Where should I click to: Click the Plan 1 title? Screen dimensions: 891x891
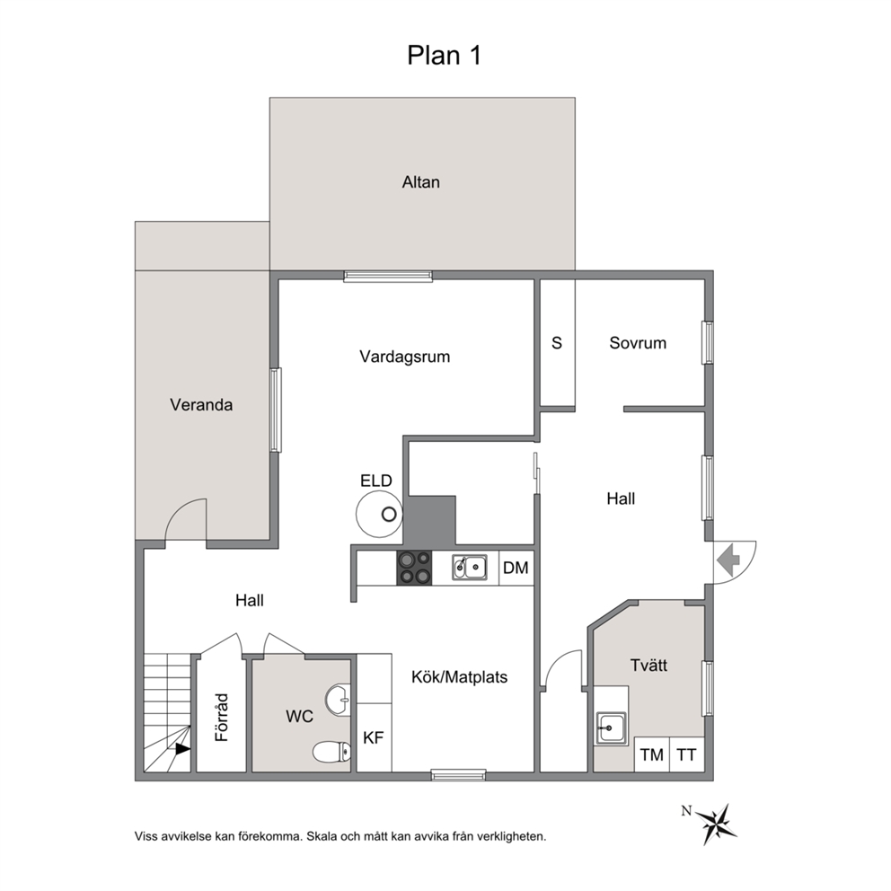click(x=445, y=56)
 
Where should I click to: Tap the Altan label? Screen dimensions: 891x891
click(x=421, y=182)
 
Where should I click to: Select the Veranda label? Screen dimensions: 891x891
click(x=201, y=405)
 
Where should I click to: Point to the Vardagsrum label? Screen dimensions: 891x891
click(x=404, y=357)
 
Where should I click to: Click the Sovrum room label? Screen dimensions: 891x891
click(x=638, y=343)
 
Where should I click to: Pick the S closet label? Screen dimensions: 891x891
click(x=557, y=343)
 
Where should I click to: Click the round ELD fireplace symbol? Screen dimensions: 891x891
click(x=379, y=514)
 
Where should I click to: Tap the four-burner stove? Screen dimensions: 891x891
click(x=414, y=568)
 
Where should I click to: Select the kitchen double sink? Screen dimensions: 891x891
click(x=470, y=568)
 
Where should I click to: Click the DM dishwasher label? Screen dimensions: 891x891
click(x=516, y=568)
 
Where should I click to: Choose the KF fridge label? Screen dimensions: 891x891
click(x=374, y=737)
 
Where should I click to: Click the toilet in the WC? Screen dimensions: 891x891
click(x=331, y=752)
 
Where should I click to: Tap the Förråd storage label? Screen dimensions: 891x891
click(x=221, y=717)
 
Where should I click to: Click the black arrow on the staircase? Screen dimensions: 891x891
click(x=182, y=749)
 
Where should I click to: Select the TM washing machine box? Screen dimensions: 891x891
click(x=652, y=754)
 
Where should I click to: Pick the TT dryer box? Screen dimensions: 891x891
click(x=687, y=754)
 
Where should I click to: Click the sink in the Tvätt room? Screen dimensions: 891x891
click(x=611, y=728)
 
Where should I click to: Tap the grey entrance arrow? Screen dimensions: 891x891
click(x=728, y=560)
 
